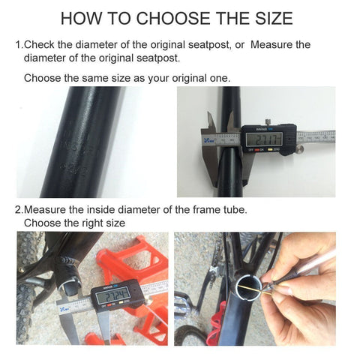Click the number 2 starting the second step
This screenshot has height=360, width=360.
18,209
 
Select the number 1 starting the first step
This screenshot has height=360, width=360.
18,45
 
